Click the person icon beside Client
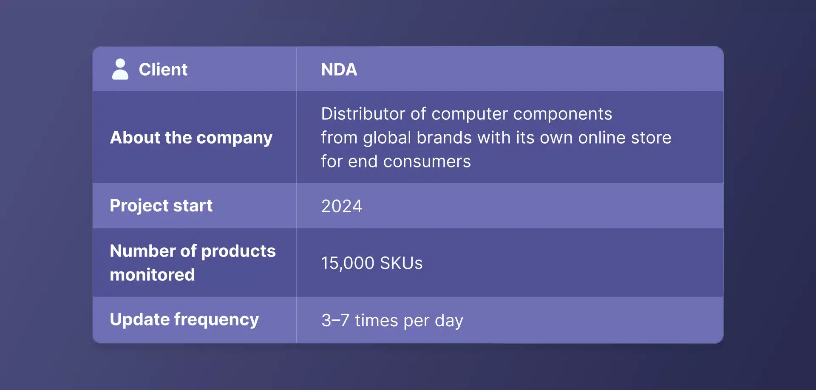(120, 69)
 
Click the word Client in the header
(163, 70)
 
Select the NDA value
(339, 70)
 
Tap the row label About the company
(191, 138)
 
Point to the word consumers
(427, 161)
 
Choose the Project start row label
(161, 206)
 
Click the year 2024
(341, 206)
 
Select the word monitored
(152, 275)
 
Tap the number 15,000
(347, 263)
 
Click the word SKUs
(401, 263)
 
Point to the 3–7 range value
(335, 320)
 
